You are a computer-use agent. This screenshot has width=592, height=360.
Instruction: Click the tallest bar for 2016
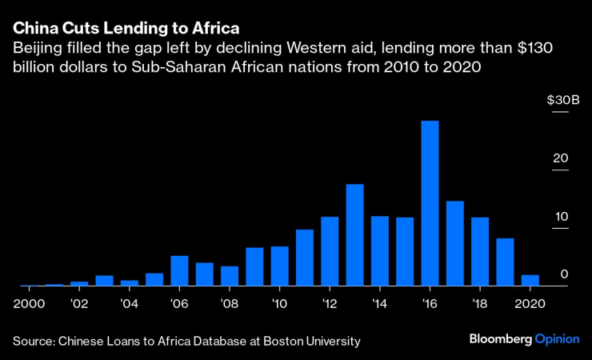tap(430, 203)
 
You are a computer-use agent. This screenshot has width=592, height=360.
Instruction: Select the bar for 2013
tap(354, 235)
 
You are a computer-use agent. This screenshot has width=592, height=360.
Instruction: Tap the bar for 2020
tap(530, 280)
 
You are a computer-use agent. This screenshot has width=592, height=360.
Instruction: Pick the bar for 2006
tap(180, 270)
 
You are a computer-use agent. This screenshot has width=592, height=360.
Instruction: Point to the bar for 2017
tap(454, 243)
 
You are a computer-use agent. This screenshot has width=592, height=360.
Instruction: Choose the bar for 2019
tap(505, 262)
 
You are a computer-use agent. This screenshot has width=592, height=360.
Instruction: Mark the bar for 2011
tap(305, 258)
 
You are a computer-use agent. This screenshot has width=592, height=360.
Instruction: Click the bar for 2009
tap(254, 266)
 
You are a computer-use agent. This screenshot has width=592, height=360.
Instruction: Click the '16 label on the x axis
tap(430, 304)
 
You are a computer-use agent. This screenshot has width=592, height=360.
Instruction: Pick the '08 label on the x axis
tap(230, 304)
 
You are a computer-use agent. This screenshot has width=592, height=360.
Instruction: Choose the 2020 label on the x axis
tap(529, 304)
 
